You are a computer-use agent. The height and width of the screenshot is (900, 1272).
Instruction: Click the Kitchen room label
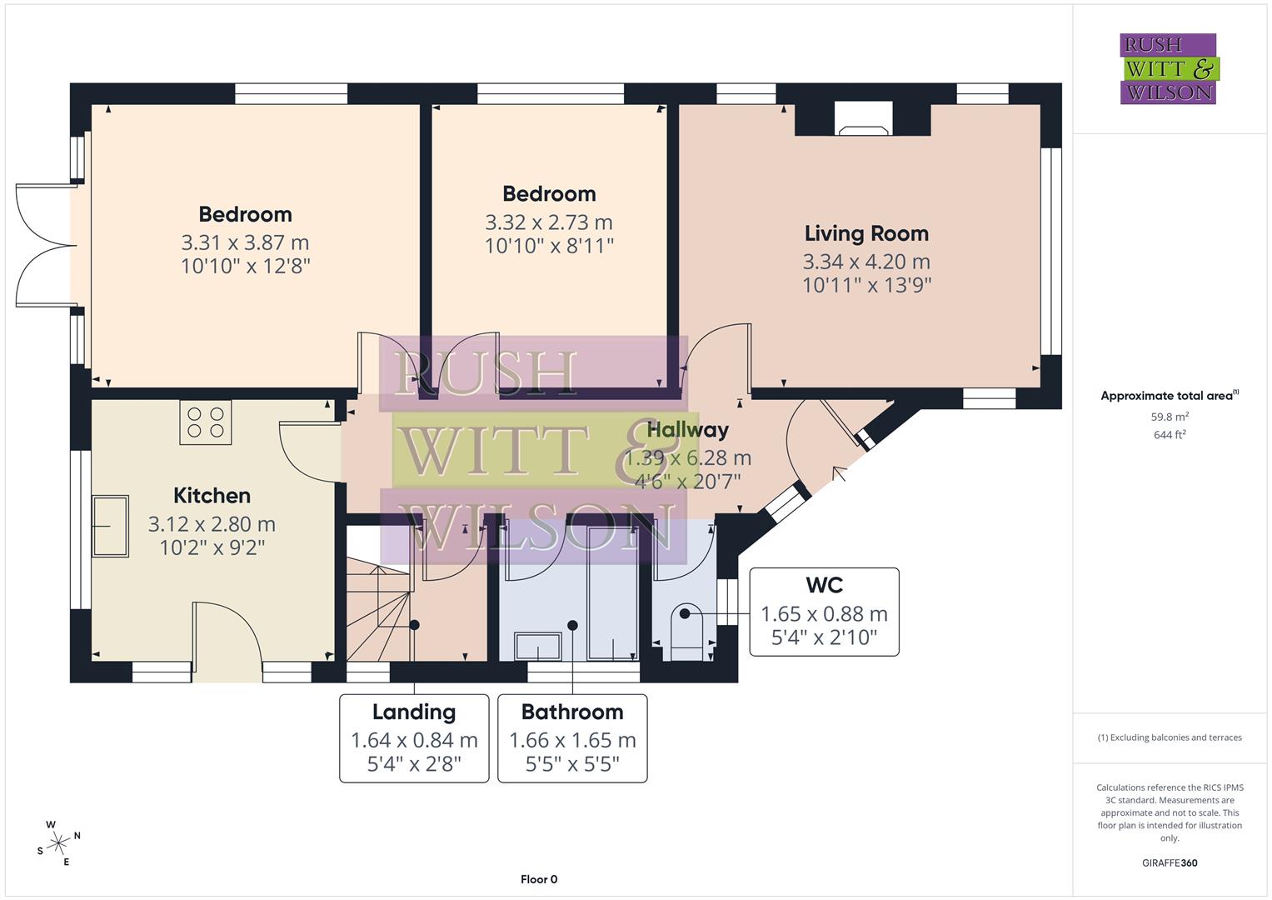(x=212, y=496)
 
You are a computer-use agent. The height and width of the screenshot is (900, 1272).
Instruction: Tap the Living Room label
(x=866, y=233)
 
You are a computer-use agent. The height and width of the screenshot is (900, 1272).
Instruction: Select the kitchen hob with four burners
(x=206, y=422)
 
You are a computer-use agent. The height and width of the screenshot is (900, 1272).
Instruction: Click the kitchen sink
(x=111, y=526)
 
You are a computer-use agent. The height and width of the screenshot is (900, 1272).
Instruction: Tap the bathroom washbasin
(x=538, y=645)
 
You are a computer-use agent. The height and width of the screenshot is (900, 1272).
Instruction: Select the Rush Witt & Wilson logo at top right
(x=1168, y=69)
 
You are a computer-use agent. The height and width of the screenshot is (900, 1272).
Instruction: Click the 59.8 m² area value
(x=1170, y=417)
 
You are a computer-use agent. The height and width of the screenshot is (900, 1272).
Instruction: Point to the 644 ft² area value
(x=1170, y=435)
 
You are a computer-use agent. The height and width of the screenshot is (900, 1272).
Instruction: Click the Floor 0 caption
(x=538, y=879)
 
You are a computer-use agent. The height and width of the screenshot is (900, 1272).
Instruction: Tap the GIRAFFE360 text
(x=1170, y=862)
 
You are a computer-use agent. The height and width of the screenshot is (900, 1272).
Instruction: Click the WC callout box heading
(x=824, y=585)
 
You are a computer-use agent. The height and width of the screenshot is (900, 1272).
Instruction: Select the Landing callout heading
(x=414, y=712)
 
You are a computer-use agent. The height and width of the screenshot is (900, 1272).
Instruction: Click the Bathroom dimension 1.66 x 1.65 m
(x=572, y=740)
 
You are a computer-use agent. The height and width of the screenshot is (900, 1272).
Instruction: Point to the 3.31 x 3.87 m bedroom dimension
(x=245, y=242)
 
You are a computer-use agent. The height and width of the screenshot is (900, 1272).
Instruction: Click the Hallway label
(x=687, y=430)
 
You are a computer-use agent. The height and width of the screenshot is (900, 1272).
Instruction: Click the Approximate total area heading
(x=1170, y=396)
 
